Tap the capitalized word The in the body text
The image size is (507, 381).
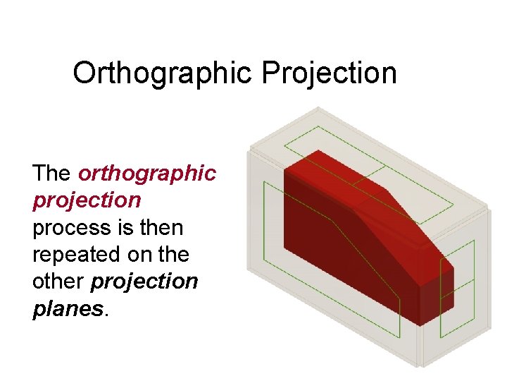coord(51,173)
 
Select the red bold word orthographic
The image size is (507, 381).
coord(147,174)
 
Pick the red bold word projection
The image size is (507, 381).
coord(87,200)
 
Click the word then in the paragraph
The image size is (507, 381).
coord(162,228)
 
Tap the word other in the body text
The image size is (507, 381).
coord(58,282)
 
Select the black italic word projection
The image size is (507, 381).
coord(144,282)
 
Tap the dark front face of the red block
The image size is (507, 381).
coord(338,247)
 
